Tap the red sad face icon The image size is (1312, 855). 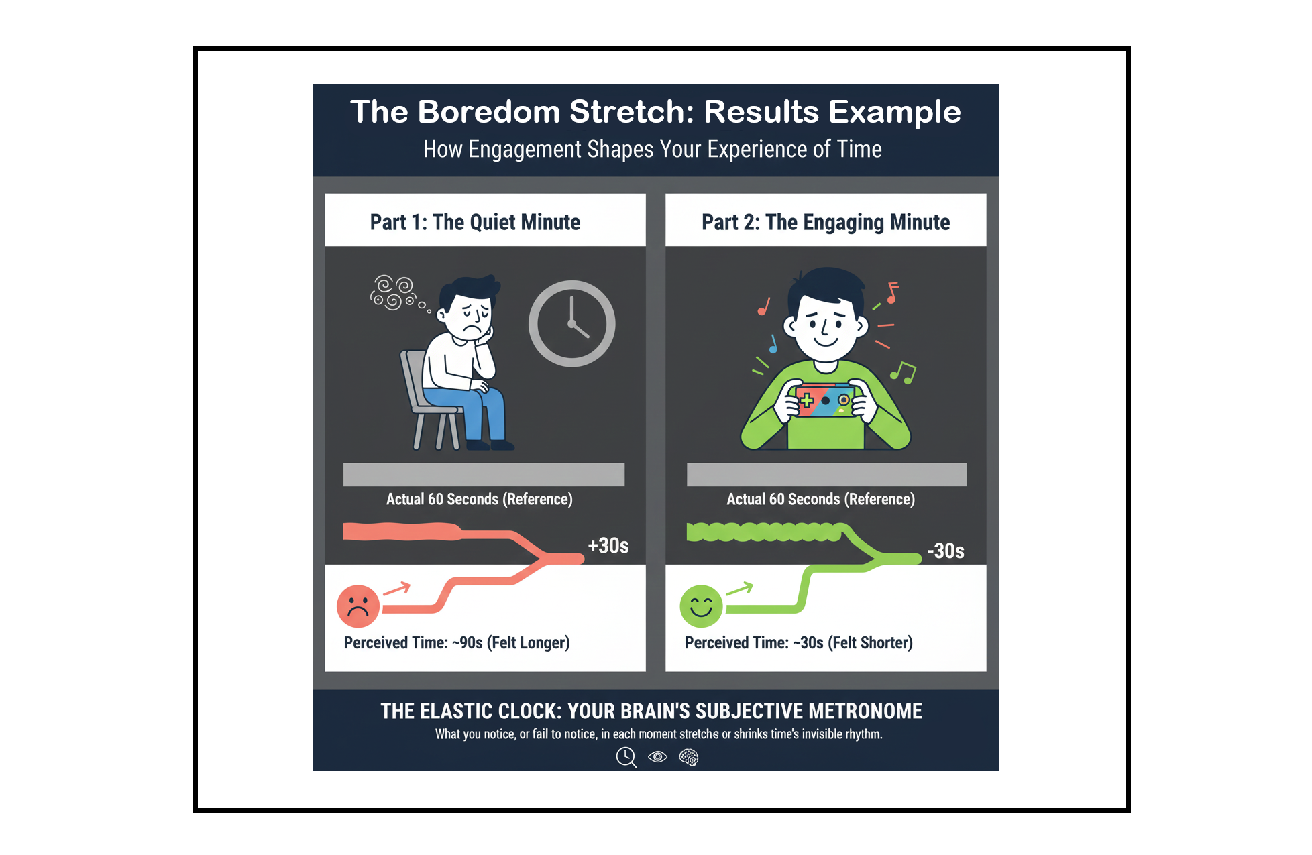pyautogui.click(x=358, y=606)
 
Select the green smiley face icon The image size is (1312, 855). pyautogui.click(x=701, y=606)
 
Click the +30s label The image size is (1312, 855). pyautogui.click(x=608, y=546)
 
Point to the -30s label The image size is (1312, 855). pyautogui.click(x=946, y=551)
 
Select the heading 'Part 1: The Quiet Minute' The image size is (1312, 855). pyautogui.click(x=475, y=222)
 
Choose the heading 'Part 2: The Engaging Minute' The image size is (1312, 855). pyautogui.click(x=826, y=222)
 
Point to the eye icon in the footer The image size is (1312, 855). pyautogui.click(x=657, y=757)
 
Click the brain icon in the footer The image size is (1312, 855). pyautogui.click(x=689, y=757)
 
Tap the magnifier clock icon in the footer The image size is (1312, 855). pyautogui.click(x=626, y=758)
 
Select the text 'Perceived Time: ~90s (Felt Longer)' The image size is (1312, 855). pyautogui.click(x=457, y=643)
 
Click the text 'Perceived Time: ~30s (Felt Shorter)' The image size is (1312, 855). pyautogui.click(x=799, y=643)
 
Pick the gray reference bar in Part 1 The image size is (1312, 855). pyautogui.click(x=484, y=474)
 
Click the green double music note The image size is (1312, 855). pyautogui.click(x=903, y=373)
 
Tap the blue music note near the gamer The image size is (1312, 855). pyautogui.click(x=773, y=344)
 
